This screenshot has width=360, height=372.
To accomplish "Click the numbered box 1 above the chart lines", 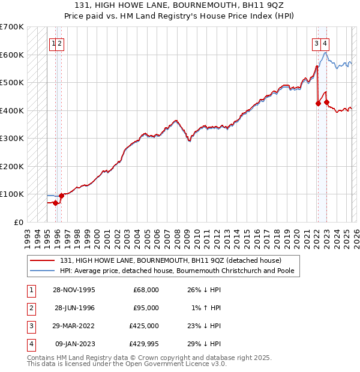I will click(x=54, y=43).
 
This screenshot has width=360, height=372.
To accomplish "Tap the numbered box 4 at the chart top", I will click(x=324, y=43).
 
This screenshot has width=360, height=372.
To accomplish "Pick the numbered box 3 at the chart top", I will click(x=316, y=43).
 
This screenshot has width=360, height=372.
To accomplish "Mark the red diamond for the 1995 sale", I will click(x=56, y=203).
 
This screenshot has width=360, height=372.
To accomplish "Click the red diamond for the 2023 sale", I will click(x=326, y=102).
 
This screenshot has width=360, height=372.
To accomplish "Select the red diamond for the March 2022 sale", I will click(x=318, y=103).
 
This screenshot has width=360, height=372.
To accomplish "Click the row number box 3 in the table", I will click(x=30, y=326).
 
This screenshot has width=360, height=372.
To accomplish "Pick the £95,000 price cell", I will click(x=146, y=308).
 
